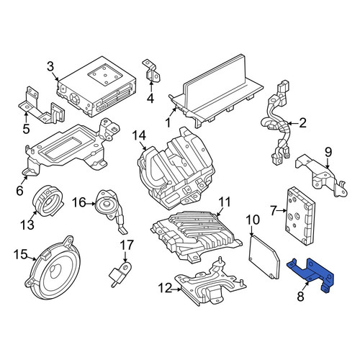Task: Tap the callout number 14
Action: point(139,135)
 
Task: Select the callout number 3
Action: point(50,66)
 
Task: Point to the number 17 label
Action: point(127,246)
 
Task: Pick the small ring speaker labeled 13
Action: point(48,201)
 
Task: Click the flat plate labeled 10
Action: point(264,257)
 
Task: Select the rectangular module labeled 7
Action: point(300,215)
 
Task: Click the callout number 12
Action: point(165,288)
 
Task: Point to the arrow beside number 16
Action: point(91,204)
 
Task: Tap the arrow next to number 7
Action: point(282,211)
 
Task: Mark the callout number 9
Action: point(328,152)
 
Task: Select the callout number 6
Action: point(19,190)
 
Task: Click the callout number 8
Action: point(300,296)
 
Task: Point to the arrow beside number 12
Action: point(176,289)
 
